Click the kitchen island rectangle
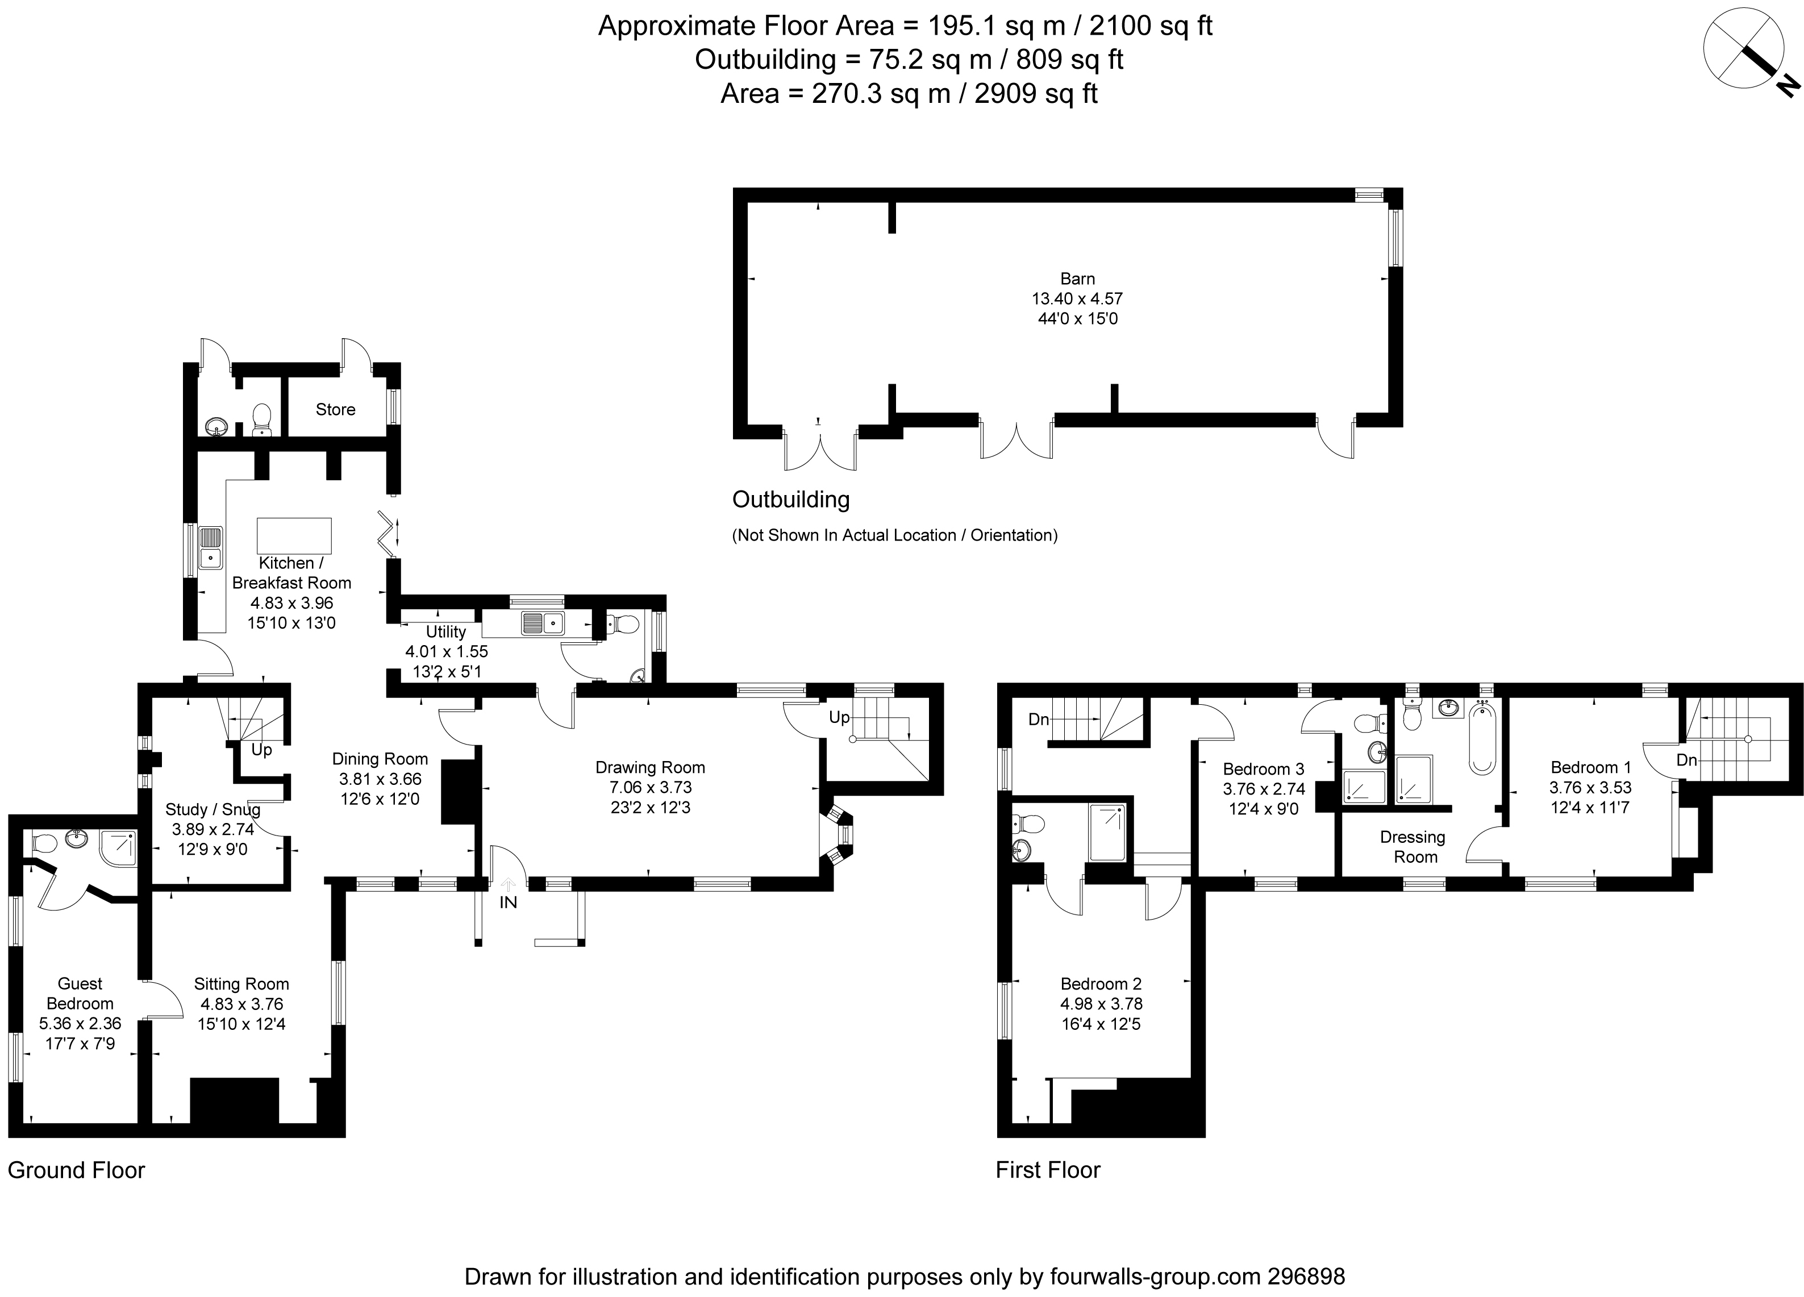(x=294, y=535)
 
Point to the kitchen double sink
(x=210, y=547)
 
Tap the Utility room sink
(x=543, y=623)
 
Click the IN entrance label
(x=509, y=903)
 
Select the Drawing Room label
(x=650, y=767)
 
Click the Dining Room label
(x=380, y=759)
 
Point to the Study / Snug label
(x=213, y=809)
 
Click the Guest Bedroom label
(x=80, y=994)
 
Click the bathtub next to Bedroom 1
(x=1482, y=738)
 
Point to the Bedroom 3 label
(x=1263, y=768)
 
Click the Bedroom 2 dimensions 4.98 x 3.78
(x=1101, y=1004)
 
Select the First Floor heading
(x=1048, y=1170)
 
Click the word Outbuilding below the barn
(x=791, y=500)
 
